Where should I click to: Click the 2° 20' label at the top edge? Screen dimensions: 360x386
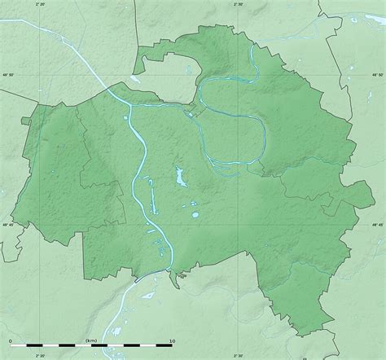pos(40,3)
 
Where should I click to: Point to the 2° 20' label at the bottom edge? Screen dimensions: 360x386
pos(40,356)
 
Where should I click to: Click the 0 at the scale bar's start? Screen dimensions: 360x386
pos(11,340)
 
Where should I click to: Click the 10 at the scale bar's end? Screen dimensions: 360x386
pos(171,340)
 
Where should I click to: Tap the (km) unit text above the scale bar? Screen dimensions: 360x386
pos(90,340)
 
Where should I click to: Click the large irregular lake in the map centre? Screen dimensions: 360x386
pos(178,177)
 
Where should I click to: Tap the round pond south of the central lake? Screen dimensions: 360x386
pos(194,215)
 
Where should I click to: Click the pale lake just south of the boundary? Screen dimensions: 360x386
pos(182,275)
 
